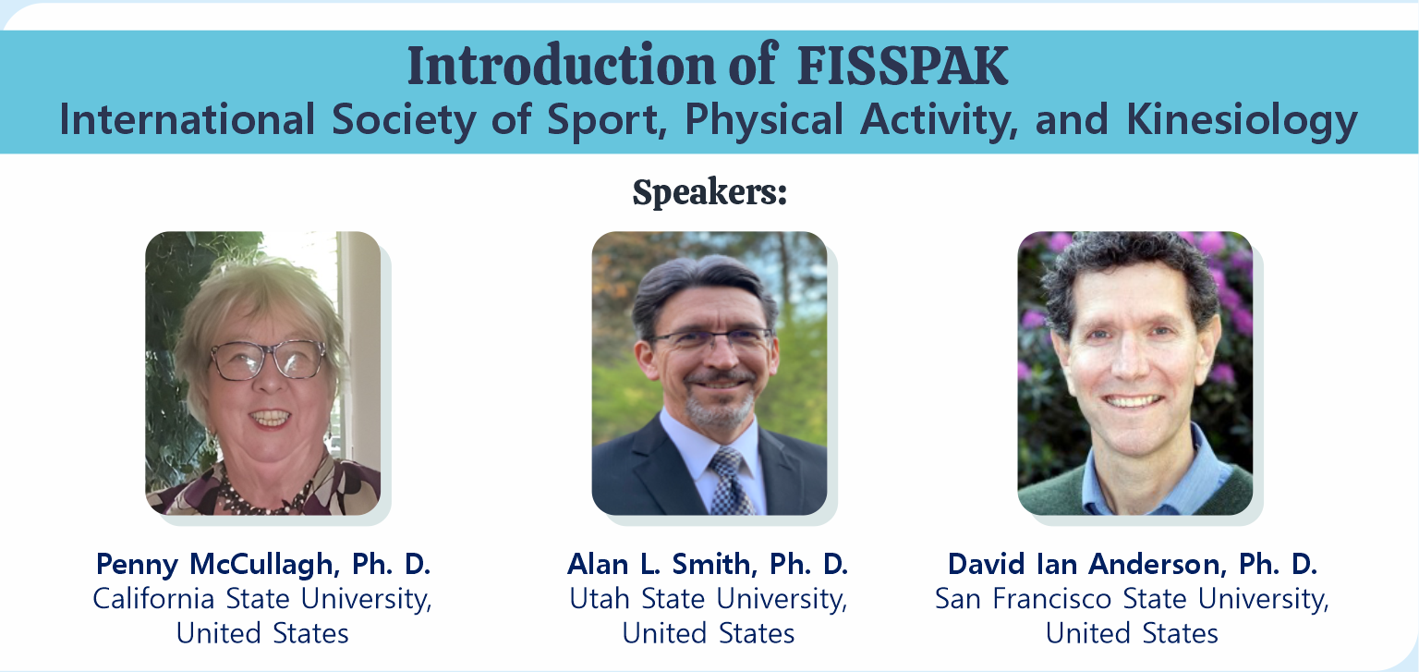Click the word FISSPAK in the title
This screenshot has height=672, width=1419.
902,66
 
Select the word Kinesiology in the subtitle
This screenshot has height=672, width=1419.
1242,120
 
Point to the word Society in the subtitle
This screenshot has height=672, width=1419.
404,120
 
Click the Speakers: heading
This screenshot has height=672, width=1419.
709,191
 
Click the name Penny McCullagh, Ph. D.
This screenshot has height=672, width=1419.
263,564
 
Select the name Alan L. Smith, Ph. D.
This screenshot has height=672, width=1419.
708,564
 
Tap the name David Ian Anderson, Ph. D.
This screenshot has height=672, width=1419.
1132,564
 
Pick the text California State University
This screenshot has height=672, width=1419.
262,599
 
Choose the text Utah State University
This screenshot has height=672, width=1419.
709,599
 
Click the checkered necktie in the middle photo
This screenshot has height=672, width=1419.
730,482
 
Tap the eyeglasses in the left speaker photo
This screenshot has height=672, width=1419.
269,360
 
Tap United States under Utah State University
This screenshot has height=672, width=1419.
709,633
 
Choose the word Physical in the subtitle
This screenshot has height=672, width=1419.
764,120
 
